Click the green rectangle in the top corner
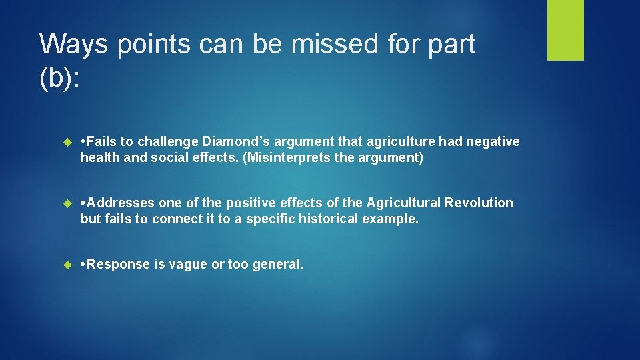pyautogui.click(x=565, y=30)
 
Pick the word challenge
pyautogui.click(x=169, y=141)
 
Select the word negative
pyautogui.click(x=492, y=141)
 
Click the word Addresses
pyautogui.click(x=121, y=203)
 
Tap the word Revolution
pyautogui.click(x=479, y=203)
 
